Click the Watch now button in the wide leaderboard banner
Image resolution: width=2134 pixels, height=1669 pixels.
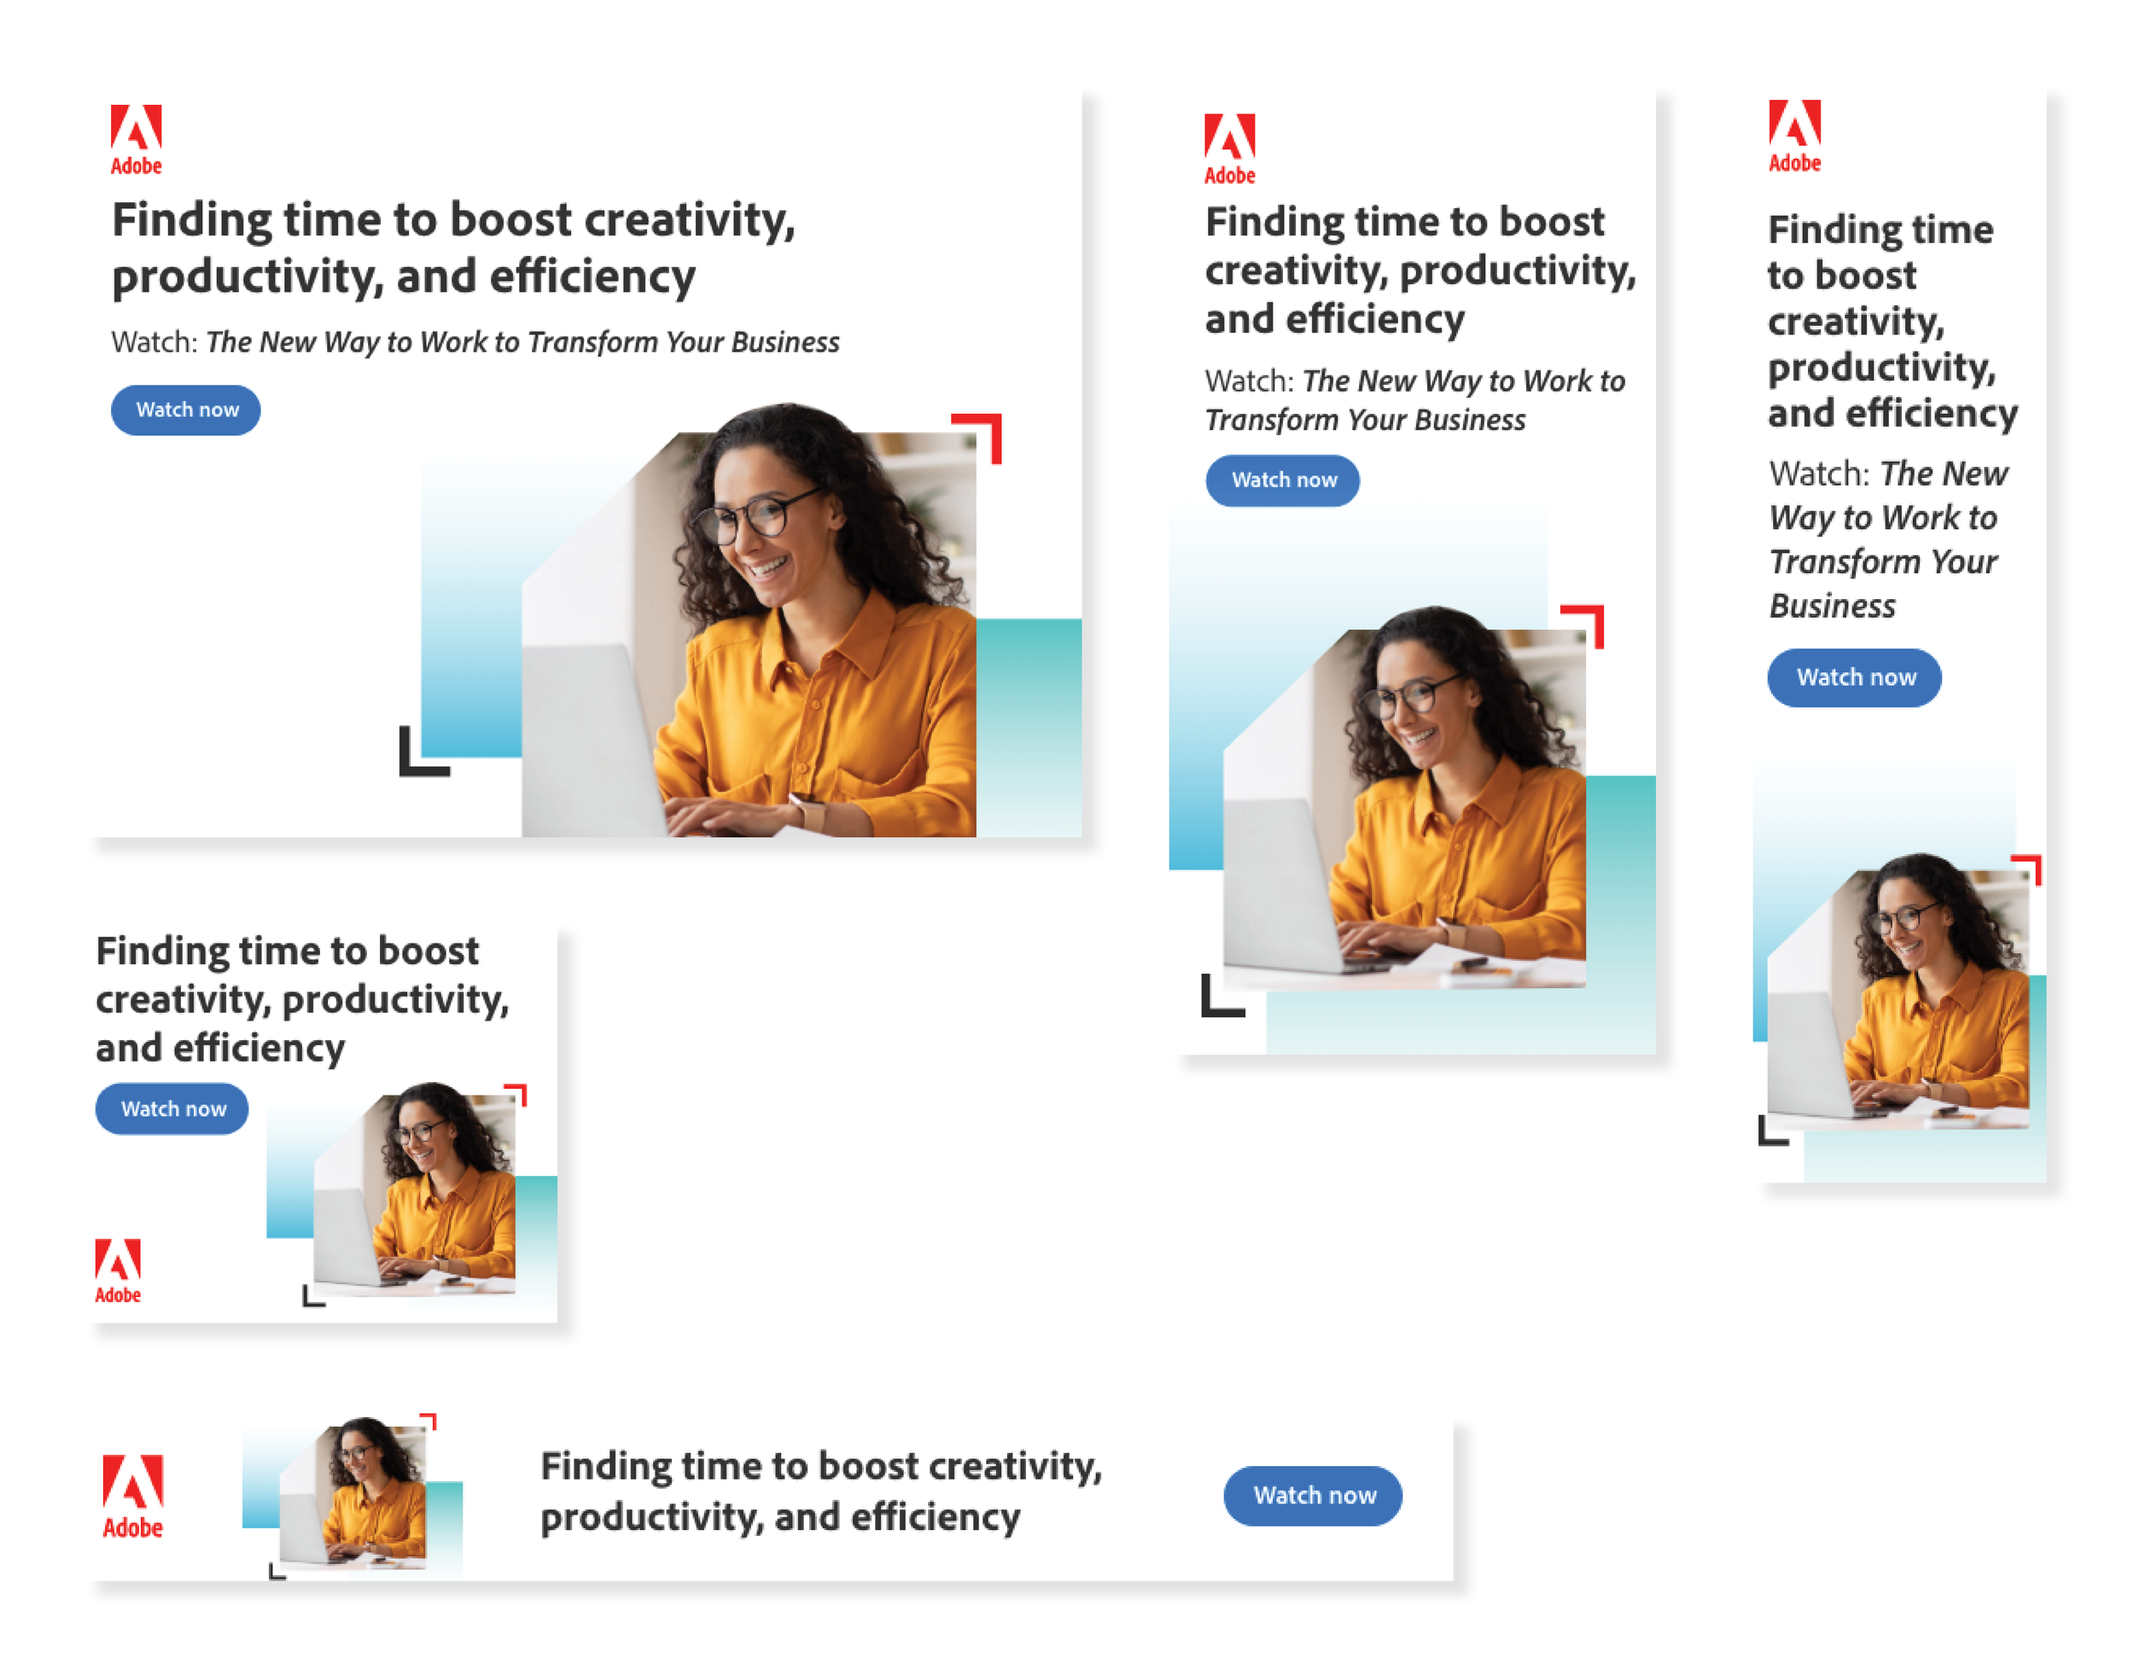coord(1312,1495)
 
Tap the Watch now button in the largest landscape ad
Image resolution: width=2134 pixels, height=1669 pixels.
coord(186,410)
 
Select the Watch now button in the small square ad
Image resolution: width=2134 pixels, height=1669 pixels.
coord(172,1108)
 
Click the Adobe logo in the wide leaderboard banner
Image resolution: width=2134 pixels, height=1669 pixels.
coord(133,1496)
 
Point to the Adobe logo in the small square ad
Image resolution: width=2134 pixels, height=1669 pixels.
coord(117,1271)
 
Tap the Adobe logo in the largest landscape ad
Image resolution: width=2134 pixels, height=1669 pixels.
coord(136,140)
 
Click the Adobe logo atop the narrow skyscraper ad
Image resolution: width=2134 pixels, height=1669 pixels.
coord(1795,136)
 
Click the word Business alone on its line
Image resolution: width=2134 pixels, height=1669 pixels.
coord(1832,606)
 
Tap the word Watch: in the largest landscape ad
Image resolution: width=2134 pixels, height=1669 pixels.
coord(155,342)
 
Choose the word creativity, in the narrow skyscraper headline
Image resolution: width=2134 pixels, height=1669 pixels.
coord(1857,322)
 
